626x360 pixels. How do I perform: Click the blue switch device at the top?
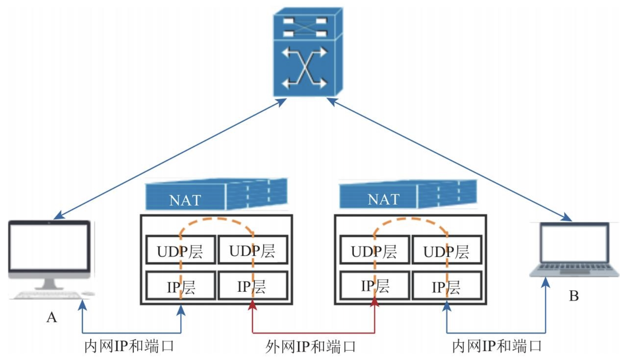(x=307, y=53)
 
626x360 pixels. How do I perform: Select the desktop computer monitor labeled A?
(x=49, y=246)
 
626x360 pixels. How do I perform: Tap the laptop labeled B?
(x=574, y=249)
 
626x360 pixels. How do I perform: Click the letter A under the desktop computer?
(x=51, y=317)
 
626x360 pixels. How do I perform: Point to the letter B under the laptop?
(x=573, y=296)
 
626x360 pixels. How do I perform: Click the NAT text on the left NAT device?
(x=185, y=200)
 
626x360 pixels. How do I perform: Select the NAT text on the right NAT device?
(x=383, y=199)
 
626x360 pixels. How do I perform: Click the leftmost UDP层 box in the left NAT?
(x=180, y=250)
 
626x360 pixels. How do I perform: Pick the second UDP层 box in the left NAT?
(x=252, y=250)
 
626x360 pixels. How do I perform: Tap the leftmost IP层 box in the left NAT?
(x=180, y=286)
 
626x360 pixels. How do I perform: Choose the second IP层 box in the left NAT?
(x=252, y=286)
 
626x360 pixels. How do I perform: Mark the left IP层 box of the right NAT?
(x=374, y=286)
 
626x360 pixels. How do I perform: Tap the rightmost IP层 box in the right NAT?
(x=446, y=286)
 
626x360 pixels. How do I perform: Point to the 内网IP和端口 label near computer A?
(x=129, y=346)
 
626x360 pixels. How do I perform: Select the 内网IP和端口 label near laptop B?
(x=497, y=346)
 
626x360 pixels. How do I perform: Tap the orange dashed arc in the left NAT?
(x=216, y=219)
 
